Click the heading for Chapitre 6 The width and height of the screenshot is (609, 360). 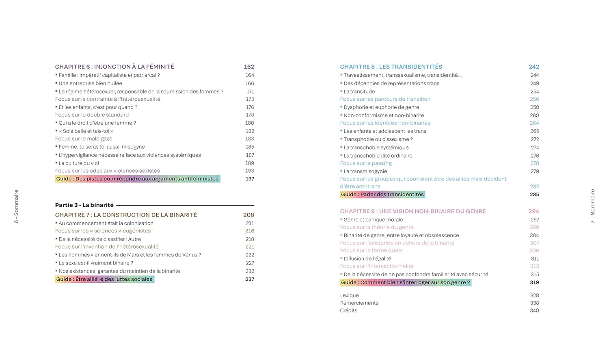pyautogui.click(x=114, y=67)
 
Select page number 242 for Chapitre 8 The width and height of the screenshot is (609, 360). pyautogui.click(x=533, y=67)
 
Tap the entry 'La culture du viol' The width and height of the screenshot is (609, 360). pyautogui.click(x=79, y=163)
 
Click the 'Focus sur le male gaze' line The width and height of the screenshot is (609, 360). pyautogui.click(x=84, y=139)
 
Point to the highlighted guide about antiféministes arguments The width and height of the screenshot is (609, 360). pyautogui.click(x=138, y=179)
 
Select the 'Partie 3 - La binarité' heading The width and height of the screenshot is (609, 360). pyautogui.click(x=84, y=205)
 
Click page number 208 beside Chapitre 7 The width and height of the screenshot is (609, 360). pyautogui.click(x=248, y=215)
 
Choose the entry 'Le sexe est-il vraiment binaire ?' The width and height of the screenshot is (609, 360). pyautogui.click(x=96, y=263)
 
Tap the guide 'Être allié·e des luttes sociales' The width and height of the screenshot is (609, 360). pyautogui.click(x=105, y=279)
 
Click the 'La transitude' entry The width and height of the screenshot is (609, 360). pyautogui.click(x=359, y=91)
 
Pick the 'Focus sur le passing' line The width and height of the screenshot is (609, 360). pyautogui.click(x=366, y=163)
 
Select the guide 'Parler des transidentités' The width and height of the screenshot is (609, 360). pyautogui.click(x=382, y=195)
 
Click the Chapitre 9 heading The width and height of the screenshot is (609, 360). pyautogui.click(x=413, y=211)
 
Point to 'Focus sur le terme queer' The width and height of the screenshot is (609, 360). pyautogui.click(x=371, y=251)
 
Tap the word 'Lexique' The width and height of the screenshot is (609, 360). pyautogui.click(x=350, y=295)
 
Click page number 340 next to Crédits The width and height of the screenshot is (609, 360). pyautogui.click(x=534, y=310)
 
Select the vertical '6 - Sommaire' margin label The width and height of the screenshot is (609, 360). pyautogui.click(x=16, y=206)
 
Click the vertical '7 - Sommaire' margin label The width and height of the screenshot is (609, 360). pyautogui.click(x=592, y=206)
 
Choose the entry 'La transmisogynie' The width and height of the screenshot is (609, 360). pyautogui.click(x=365, y=171)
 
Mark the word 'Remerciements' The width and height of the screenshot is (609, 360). pyautogui.click(x=359, y=303)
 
